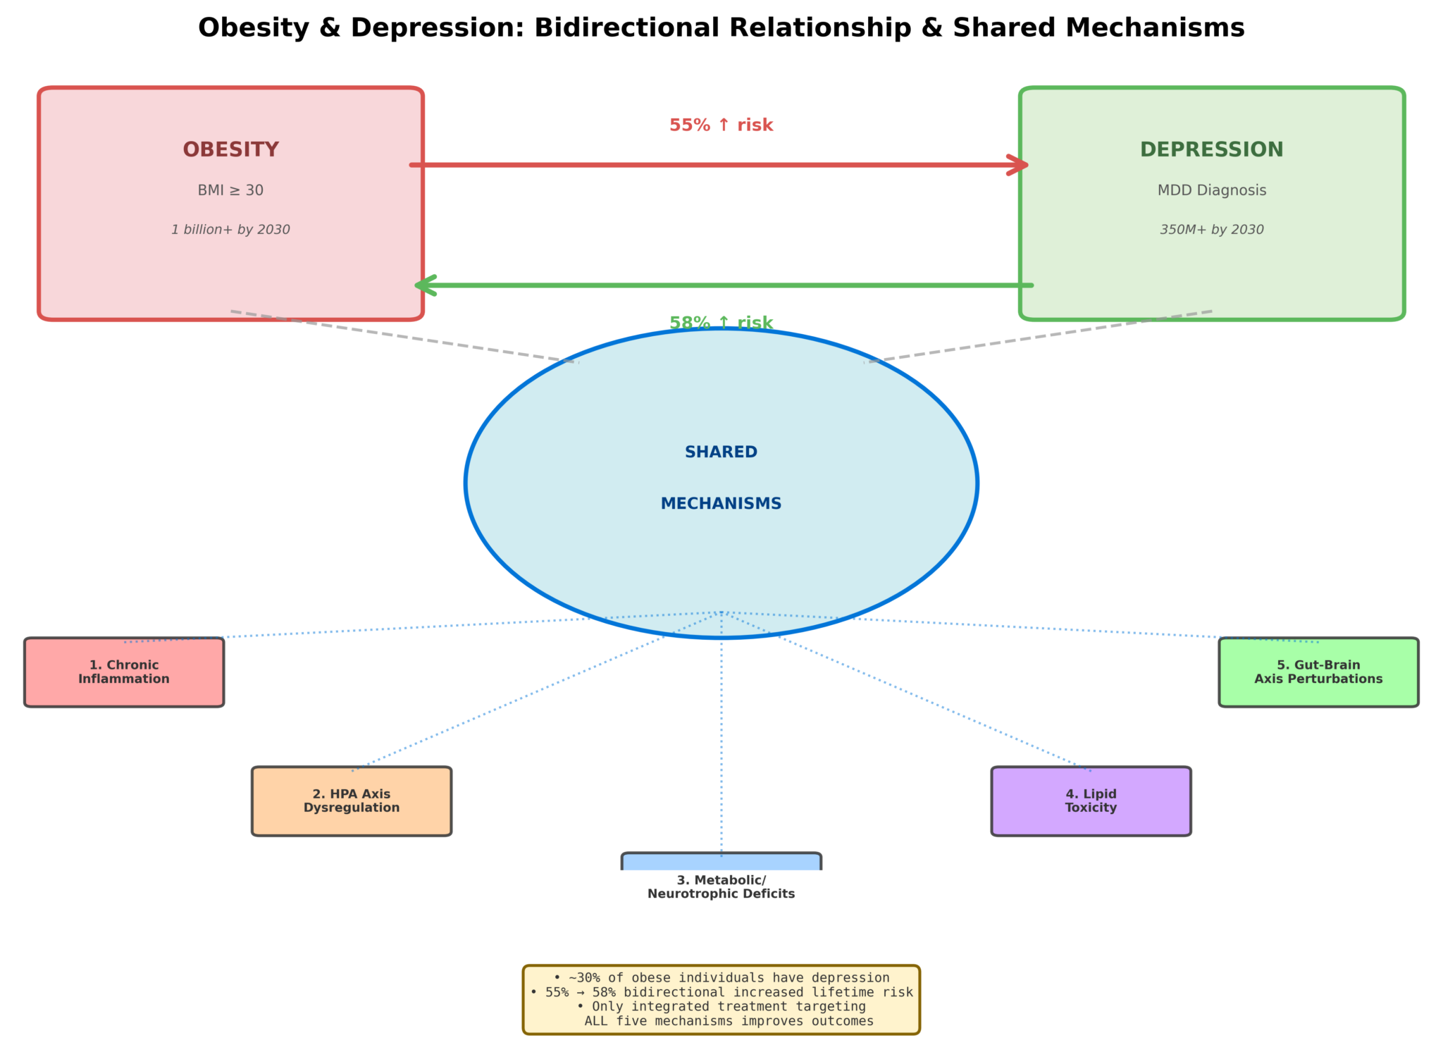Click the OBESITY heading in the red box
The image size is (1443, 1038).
pyautogui.click(x=230, y=149)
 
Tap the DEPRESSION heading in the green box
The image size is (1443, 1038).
pyautogui.click(x=1211, y=149)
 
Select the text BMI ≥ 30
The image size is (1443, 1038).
pyautogui.click(x=230, y=190)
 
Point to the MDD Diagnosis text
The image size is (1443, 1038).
pyautogui.click(x=1211, y=190)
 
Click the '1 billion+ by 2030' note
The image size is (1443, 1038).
pyautogui.click(x=230, y=230)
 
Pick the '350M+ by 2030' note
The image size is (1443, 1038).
pyautogui.click(x=1211, y=230)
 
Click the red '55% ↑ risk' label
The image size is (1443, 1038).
pyautogui.click(x=721, y=125)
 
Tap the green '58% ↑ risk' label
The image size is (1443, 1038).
pyautogui.click(x=721, y=323)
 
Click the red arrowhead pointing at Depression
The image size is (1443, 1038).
pyautogui.click(x=1020, y=165)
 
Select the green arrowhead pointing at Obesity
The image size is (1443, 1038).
pyautogui.click(x=424, y=285)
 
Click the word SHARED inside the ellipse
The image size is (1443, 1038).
pyautogui.click(x=721, y=452)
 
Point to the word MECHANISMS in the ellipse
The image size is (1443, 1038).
pyautogui.click(x=721, y=504)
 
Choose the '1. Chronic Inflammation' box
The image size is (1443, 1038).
pyautogui.click(x=124, y=672)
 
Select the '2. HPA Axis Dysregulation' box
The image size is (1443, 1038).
pyautogui.click(x=352, y=801)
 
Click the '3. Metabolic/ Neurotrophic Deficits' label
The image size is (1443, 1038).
pyautogui.click(x=721, y=887)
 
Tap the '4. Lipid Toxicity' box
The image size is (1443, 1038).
pyautogui.click(x=1091, y=801)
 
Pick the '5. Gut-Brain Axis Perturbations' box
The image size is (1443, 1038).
pyautogui.click(x=1318, y=672)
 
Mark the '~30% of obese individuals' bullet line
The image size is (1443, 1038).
pyautogui.click(x=721, y=978)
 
